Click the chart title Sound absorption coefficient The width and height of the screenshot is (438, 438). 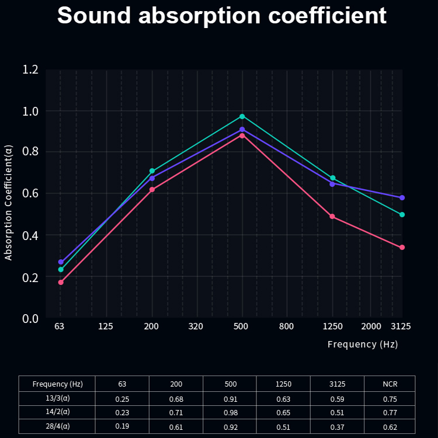click(221, 16)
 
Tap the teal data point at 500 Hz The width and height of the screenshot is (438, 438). click(242, 116)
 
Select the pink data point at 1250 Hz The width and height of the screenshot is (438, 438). click(332, 217)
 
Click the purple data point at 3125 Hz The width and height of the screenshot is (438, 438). click(402, 197)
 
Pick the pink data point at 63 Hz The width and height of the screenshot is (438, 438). click(61, 282)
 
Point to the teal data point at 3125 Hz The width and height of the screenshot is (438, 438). click(402, 214)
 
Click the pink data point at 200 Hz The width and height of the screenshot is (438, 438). click(152, 189)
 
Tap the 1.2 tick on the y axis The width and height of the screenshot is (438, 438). click(30, 69)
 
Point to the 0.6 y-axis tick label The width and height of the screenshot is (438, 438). click(30, 194)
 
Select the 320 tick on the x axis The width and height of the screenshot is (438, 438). click(196, 326)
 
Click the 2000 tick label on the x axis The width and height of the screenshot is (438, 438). click(371, 326)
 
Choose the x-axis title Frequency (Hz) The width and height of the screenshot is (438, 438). click(362, 345)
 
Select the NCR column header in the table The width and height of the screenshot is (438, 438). click(390, 384)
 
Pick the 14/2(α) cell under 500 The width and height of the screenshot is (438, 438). click(230, 413)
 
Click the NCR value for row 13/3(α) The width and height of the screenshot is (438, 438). click(390, 399)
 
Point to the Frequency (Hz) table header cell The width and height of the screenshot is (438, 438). click(57, 384)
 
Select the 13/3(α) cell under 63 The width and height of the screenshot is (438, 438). click(122, 399)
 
